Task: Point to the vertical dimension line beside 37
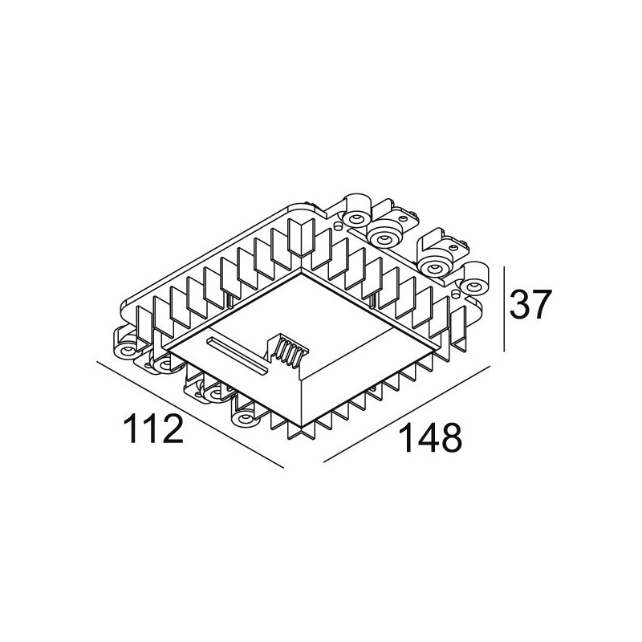click(x=503, y=309)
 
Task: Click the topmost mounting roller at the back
click(x=354, y=213)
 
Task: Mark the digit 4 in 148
click(x=422, y=439)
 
